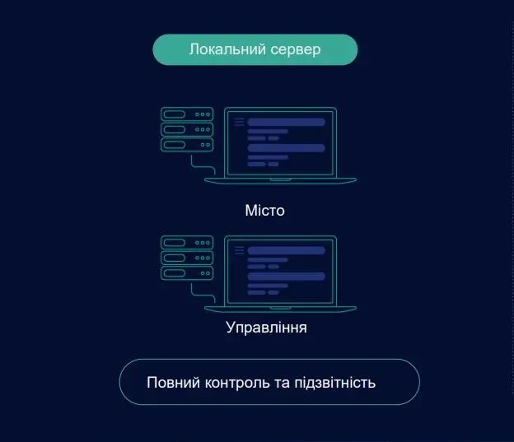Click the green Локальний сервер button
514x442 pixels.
(255, 49)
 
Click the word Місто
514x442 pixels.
(264, 211)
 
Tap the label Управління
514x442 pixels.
(266, 328)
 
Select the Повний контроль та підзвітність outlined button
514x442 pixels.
(269, 382)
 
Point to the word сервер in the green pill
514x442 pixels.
(296, 49)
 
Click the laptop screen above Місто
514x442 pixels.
(280, 142)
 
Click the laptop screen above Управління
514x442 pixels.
(280, 270)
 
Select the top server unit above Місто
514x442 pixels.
(187, 114)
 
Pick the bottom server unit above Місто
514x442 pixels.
(187, 144)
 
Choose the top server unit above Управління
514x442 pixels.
(187, 243)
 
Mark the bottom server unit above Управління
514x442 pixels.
(187, 272)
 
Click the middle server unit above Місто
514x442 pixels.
(187, 129)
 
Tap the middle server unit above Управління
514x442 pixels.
(187, 258)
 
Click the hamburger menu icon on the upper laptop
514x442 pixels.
(239, 122)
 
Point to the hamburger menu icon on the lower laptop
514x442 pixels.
(239, 249)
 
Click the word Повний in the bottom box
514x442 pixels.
(168, 383)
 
